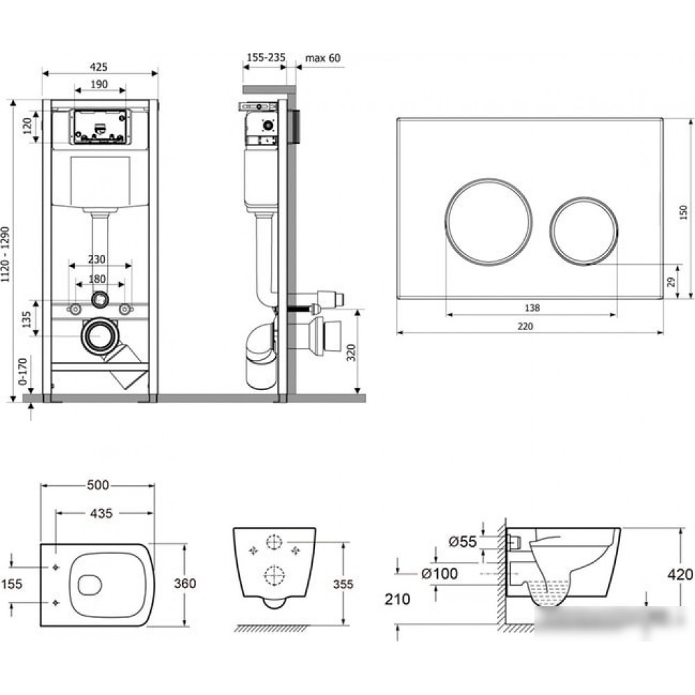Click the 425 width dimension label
tap(99, 67)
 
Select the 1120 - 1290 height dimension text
tap(6, 254)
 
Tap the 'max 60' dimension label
tap(322, 58)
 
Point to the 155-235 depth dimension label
tap(266, 58)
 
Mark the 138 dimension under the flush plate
tap(532, 308)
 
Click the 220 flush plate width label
tap(525, 326)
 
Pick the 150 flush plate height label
tap(684, 213)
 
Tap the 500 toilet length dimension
tap(98, 485)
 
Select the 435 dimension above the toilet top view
tap(101, 514)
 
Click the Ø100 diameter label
tap(439, 573)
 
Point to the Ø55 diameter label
tap(462, 541)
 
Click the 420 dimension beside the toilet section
tap(680, 575)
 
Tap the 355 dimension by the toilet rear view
tap(343, 584)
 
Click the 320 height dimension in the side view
tap(351, 352)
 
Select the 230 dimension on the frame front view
tap(96, 259)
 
